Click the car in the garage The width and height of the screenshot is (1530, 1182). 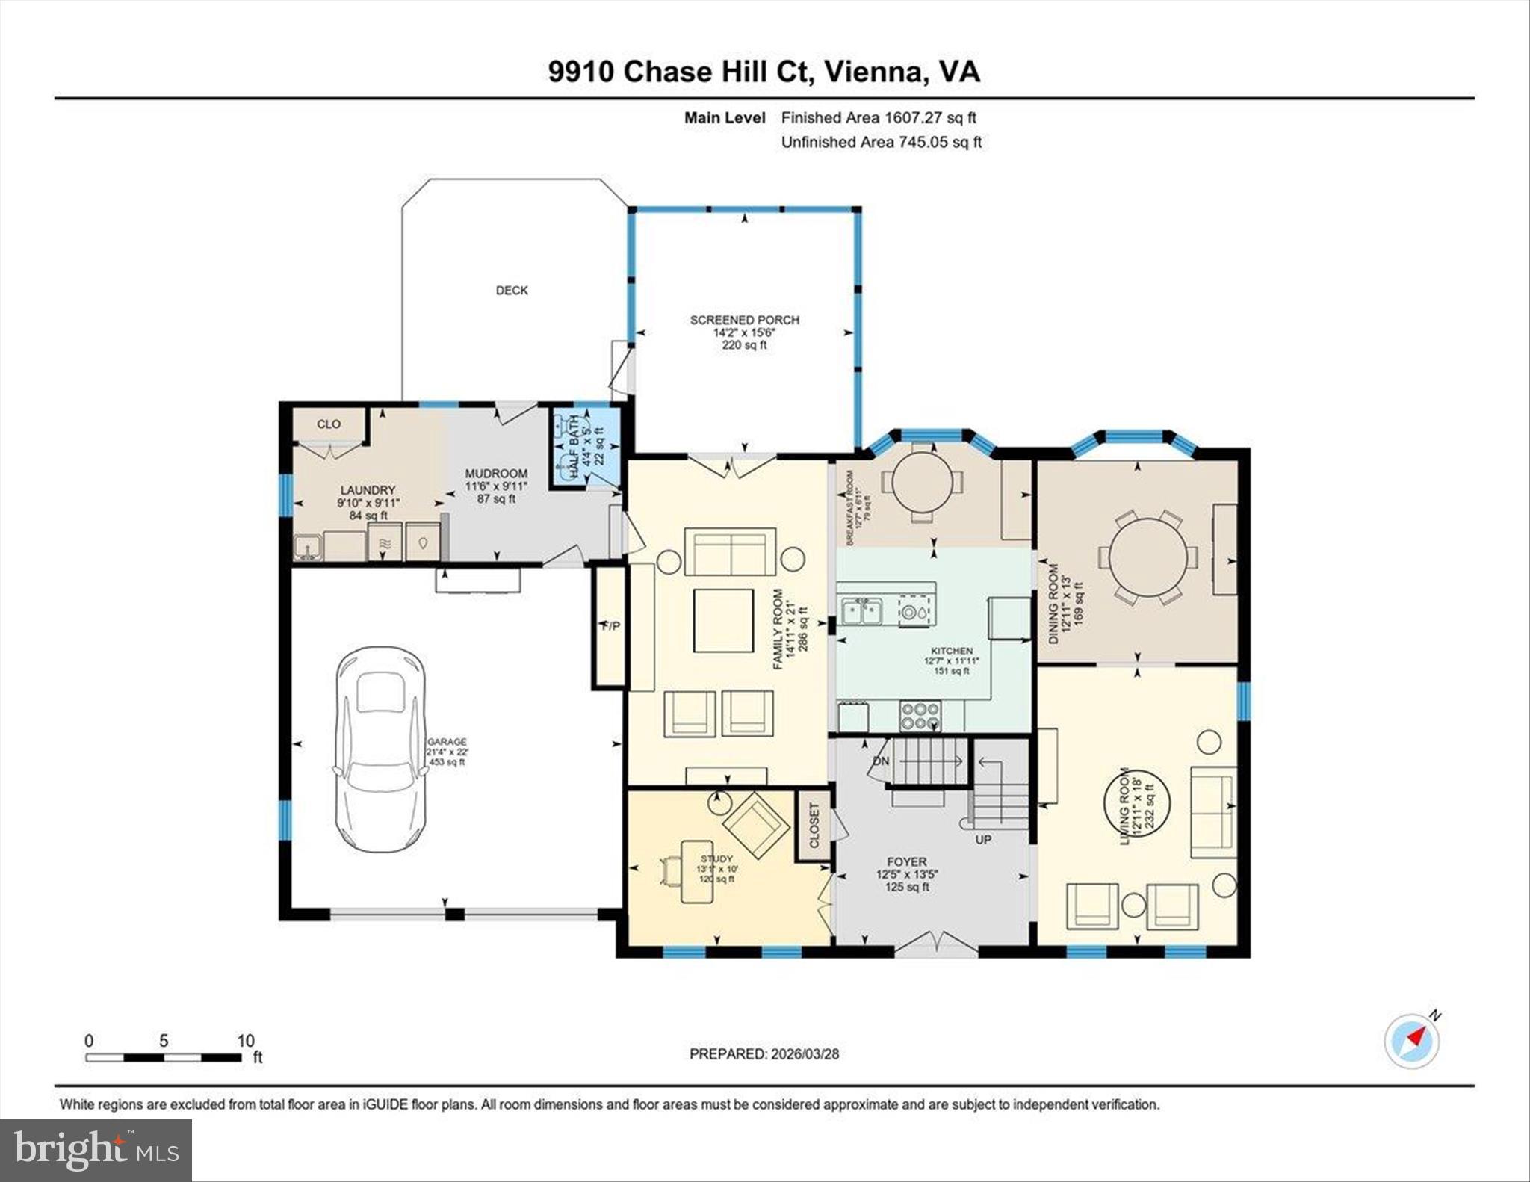tap(380, 749)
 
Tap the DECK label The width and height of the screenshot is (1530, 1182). tap(512, 290)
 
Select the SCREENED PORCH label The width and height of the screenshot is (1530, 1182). tap(744, 320)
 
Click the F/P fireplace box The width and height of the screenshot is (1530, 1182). tap(610, 626)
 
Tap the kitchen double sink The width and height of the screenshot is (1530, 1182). tap(861, 611)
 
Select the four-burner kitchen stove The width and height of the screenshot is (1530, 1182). tap(920, 716)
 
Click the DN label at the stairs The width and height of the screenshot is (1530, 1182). tap(881, 761)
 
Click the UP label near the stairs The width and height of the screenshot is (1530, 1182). tap(983, 839)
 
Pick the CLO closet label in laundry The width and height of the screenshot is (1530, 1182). tap(329, 424)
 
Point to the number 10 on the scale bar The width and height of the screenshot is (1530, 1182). tap(246, 1040)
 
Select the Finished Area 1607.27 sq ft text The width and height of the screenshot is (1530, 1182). tap(879, 117)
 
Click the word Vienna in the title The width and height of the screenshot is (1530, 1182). tap(875, 72)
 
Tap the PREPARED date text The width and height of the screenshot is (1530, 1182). tap(764, 1053)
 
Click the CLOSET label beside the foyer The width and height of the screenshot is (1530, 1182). tap(814, 825)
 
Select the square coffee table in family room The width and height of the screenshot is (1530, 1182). tap(723, 620)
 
